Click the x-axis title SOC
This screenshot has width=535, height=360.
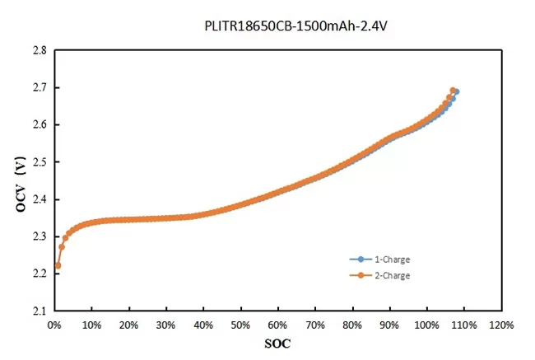coord(277,342)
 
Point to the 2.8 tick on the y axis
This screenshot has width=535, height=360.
coord(39,50)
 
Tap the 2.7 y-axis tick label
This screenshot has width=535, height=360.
coord(39,87)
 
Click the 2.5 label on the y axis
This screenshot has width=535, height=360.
coord(39,162)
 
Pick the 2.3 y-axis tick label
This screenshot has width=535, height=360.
coord(39,236)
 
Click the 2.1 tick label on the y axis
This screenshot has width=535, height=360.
coord(39,311)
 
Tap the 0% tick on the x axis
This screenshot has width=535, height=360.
coord(54,325)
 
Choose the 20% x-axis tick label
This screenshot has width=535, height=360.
coord(128,325)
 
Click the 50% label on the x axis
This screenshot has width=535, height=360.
coord(240,325)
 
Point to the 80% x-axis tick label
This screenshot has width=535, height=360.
coord(352,325)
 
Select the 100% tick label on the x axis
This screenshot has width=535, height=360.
coord(426,325)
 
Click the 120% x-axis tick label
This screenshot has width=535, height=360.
coord(500,325)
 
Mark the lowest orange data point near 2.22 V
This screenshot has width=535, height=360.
coord(58,265)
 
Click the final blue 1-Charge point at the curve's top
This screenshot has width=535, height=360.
coord(456,91)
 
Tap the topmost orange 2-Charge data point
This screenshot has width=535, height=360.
coord(453,91)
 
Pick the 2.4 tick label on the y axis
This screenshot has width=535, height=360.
coord(39,199)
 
